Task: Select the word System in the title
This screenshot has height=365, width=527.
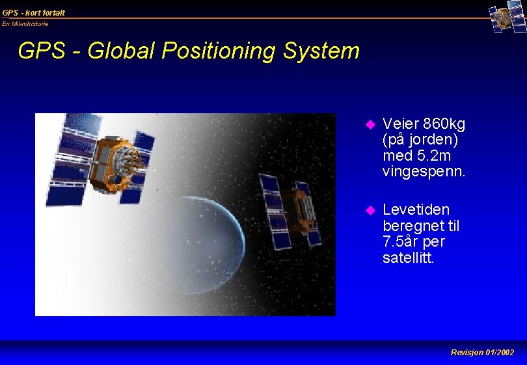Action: [326, 51]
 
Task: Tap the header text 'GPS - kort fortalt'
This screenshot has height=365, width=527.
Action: [34, 12]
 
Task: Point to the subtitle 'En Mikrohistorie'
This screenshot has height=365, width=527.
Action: [25, 24]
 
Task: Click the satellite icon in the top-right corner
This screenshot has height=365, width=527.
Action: [507, 18]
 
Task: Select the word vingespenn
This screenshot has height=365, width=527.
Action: [424, 172]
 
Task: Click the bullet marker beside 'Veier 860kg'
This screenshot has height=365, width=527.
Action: [370, 124]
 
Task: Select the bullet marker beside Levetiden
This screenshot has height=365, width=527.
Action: [370, 210]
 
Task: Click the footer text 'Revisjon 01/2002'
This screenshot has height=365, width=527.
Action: [482, 352]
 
